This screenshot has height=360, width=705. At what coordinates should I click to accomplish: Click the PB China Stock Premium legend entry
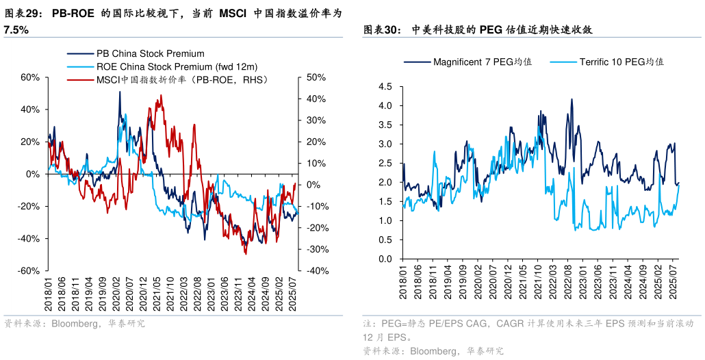coord(150,53)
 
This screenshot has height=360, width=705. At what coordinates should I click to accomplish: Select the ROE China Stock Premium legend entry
coord(177,66)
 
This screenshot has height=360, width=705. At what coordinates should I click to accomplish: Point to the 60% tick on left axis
coord(30,77)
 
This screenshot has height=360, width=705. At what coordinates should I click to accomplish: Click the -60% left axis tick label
coord(29,271)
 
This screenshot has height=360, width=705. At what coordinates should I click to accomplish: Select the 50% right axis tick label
coord(315,77)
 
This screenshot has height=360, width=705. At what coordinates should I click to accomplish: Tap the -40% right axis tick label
coord(314,271)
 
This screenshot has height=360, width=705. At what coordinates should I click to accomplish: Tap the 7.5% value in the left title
coord(16,30)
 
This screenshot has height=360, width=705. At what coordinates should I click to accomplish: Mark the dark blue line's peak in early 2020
coord(120,92)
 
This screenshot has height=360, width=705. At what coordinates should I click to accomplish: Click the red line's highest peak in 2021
coord(160,96)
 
